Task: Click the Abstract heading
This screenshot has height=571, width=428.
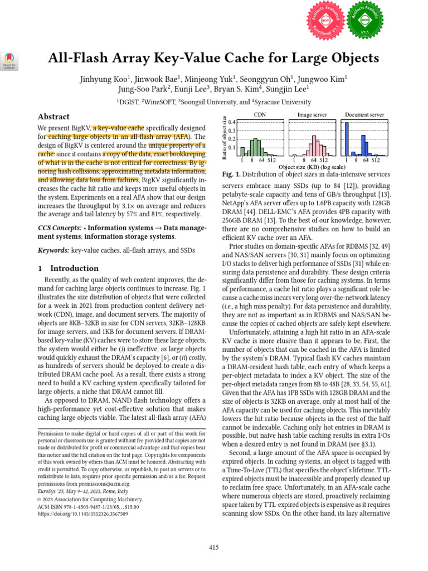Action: pyautogui.click(x=53, y=117)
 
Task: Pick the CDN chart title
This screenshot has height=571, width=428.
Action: pyautogui.click(x=260, y=114)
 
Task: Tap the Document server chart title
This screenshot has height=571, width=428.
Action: pyautogui.click(x=364, y=114)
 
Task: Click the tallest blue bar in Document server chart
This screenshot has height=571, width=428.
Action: pyautogui.click(x=347, y=139)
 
